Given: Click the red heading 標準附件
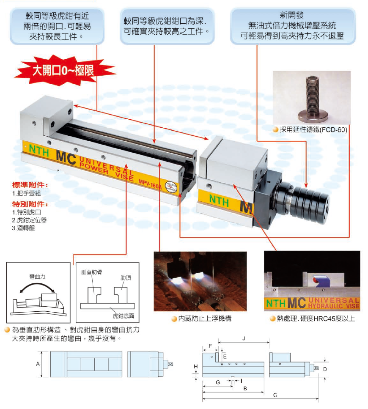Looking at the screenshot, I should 30,185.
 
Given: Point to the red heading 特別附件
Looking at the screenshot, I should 30,204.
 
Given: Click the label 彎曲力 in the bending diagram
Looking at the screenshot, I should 37,276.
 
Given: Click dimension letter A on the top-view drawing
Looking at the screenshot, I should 38,364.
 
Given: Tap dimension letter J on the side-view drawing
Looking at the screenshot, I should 243,339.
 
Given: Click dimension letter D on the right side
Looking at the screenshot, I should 324,369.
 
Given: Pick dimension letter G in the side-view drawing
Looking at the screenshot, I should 217,382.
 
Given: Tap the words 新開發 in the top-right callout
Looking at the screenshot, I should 292,14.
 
